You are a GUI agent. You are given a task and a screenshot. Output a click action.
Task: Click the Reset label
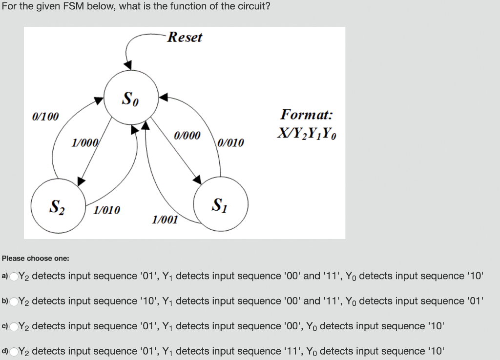tap(185, 38)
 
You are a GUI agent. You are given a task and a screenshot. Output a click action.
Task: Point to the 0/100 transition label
tap(45, 117)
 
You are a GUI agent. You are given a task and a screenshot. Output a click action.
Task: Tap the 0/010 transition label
tap(230, 143)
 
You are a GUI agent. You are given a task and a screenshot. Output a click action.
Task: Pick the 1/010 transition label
tap(106, 210)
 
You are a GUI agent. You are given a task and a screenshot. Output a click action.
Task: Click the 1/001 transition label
tap(165, 220)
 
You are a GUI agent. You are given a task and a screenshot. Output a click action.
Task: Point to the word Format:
tap(307, 115)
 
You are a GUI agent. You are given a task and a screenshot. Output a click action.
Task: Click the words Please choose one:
tap(36, 258)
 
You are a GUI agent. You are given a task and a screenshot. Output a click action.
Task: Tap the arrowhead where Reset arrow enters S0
tap(128, 64)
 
